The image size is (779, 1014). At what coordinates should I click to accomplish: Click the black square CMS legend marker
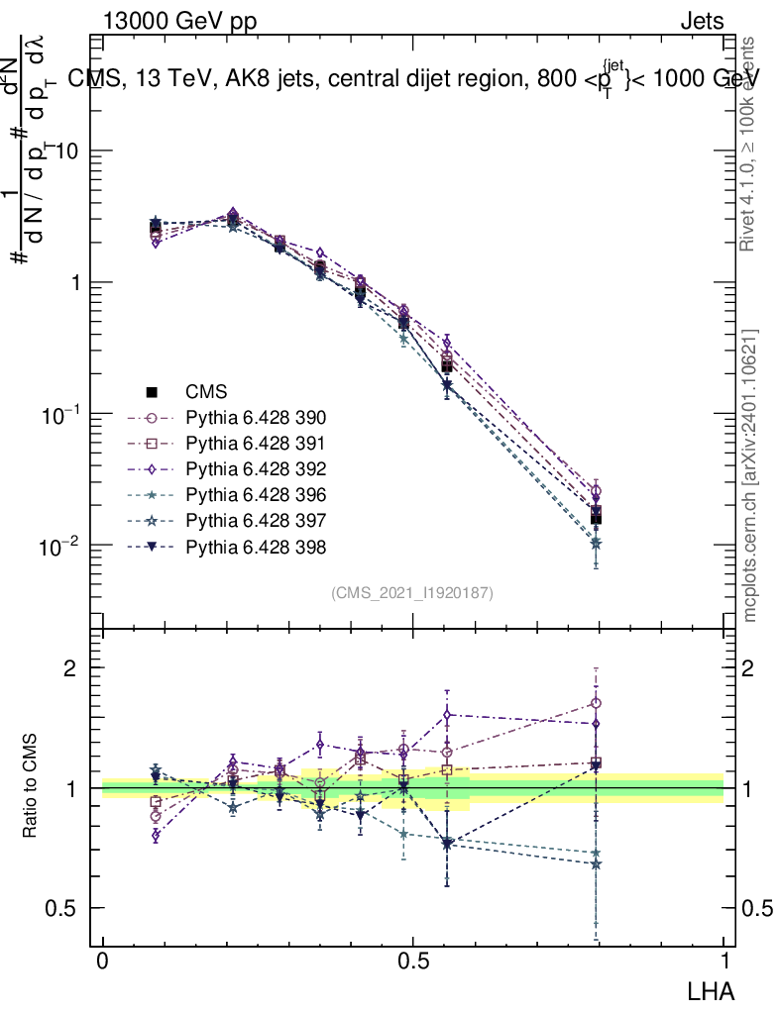(x=153, y=391)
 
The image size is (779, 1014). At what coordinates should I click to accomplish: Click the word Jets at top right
(x=701, y=22)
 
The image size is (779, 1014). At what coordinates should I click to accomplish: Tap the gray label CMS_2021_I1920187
(x=412, y=592)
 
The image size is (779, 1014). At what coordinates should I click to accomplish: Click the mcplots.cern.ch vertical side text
(x=750, y=475)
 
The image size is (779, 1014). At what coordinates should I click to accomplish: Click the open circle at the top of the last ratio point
(x=596, y=703)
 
